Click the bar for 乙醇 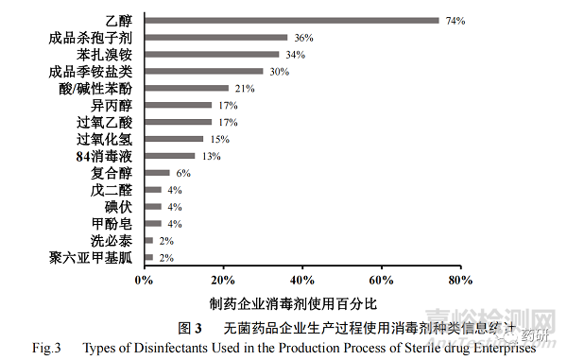291,20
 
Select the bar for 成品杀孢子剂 216,37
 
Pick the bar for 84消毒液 170,156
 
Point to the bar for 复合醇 157,173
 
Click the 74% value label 455,20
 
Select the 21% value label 245,88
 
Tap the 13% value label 213,156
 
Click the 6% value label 183,173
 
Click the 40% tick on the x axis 301,279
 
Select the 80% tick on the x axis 460,279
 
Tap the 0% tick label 144,279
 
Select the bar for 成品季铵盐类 204,71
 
